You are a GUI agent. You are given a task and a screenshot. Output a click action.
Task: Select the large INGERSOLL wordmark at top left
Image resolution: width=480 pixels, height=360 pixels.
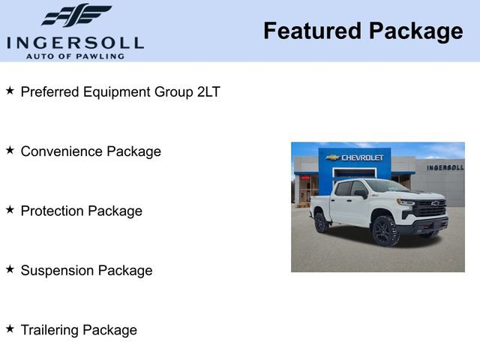75,42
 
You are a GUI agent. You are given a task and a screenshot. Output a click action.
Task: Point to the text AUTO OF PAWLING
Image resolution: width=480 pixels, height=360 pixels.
75,55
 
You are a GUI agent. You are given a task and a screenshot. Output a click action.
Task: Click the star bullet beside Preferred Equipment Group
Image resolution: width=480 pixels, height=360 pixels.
10,91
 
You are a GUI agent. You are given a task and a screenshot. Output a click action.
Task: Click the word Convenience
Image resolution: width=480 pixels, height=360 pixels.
61,151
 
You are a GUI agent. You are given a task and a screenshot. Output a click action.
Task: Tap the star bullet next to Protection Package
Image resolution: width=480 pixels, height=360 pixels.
10,210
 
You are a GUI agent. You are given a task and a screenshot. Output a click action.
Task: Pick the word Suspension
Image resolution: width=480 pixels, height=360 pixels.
55,271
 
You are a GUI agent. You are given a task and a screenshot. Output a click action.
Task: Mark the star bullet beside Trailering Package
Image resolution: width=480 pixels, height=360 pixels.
10,329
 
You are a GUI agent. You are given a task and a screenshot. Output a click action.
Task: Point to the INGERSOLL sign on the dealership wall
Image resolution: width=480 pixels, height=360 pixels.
445,167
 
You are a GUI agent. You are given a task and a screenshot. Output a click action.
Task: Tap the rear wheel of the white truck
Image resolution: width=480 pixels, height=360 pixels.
322,222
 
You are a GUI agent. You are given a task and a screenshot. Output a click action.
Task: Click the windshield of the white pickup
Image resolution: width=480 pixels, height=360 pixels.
384,187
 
